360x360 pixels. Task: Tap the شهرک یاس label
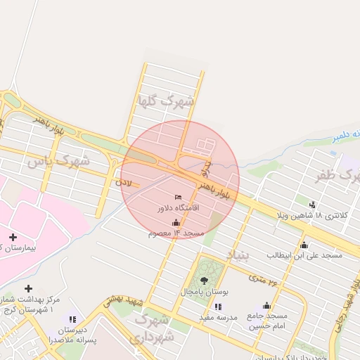58,161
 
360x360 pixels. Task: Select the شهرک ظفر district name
338,175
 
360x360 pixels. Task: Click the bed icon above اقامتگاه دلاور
178,197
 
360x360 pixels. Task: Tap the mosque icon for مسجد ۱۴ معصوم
176,222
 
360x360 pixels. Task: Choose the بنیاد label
238,254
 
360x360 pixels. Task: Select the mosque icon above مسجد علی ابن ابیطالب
304,245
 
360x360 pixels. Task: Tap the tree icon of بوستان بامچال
205,281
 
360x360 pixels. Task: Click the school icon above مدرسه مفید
217,307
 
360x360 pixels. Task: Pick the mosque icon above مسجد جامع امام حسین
266,305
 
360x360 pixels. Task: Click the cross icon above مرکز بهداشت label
28,288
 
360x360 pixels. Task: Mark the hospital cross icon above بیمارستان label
13,237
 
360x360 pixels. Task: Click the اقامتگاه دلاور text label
179,208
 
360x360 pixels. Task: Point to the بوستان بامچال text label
204,291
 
